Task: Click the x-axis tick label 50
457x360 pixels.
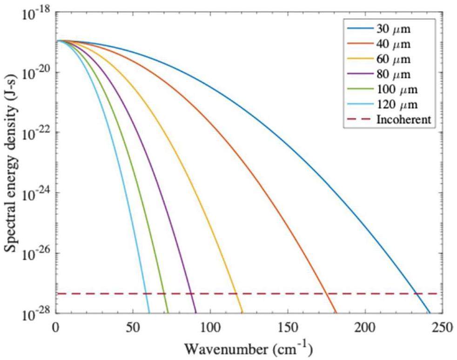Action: point(133,327)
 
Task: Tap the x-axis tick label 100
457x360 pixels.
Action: point(210,327)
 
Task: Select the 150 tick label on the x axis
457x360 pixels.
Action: point(287,327)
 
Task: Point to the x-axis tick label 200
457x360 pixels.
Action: point(364,327)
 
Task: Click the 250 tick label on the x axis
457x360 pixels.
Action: point(441,327)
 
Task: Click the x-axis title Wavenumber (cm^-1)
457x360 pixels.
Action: point(249,348)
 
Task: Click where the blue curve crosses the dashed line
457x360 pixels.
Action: point(416,293)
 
